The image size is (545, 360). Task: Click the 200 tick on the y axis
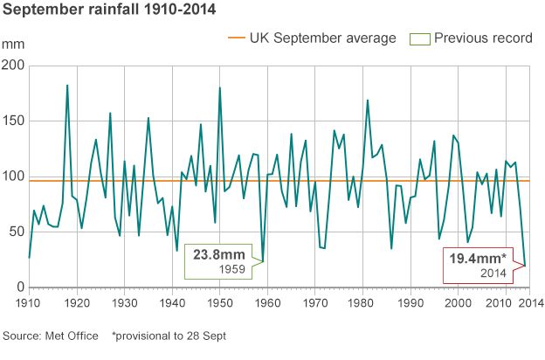pyautogui.click(x=12, y=66)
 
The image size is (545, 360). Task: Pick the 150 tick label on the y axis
pyautogui.click(x=12, y=121)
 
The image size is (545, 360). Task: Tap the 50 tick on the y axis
pyautogui.click(x=15, y=232)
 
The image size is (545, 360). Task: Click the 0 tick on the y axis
pyautogui.click(x=19, y=287)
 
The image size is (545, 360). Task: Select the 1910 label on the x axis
pyautogui.click(x=29, y=302)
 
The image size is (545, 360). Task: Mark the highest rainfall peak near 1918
pyautogui.click(x=67, y=86)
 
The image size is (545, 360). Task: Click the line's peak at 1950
pyautogui.click(x=219, y=87)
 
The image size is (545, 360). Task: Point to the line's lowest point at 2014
pyautogui.click(x=525, y=266)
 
